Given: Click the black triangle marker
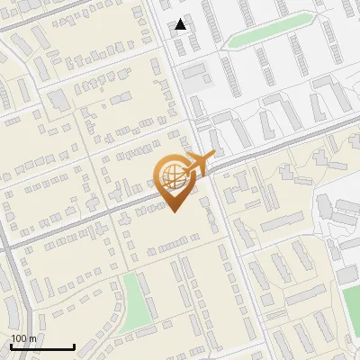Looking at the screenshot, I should tap(181, 24).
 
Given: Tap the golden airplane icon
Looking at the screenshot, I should tap(199, 163).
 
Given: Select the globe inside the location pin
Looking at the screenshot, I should tap(173, 175).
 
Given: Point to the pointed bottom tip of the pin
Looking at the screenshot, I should tap(173, 211).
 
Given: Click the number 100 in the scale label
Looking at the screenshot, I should tap(18, 338).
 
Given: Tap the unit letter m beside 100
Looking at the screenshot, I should tap(32, 338).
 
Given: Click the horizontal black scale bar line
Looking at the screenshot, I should tap(42, 346).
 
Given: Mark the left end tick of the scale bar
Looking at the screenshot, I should tap(11, 346).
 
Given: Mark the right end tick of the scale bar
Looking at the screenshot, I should tap(74, 346).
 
